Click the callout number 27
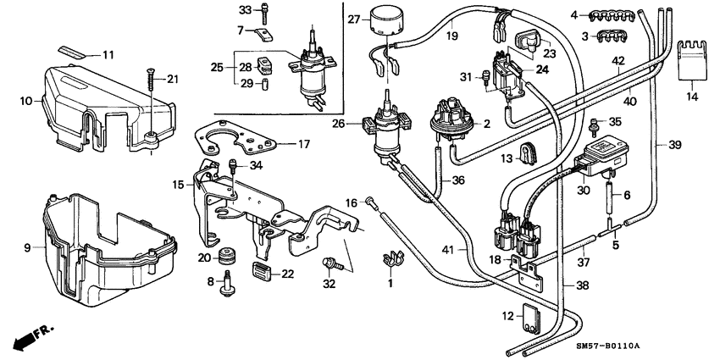coord(354,19)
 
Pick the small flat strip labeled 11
coord(75,53)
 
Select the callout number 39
coord(675,146)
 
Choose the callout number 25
coord(216,67)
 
